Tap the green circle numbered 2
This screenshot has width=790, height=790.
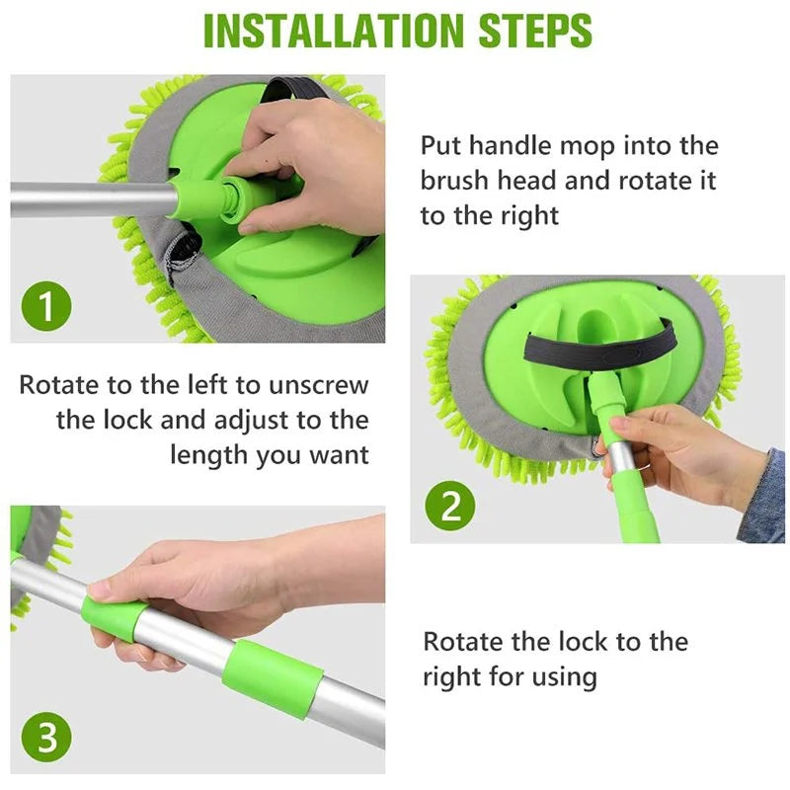point(450,508)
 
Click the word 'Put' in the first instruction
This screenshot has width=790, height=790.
point(441,146)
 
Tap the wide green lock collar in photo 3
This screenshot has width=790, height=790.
point(273,678)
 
